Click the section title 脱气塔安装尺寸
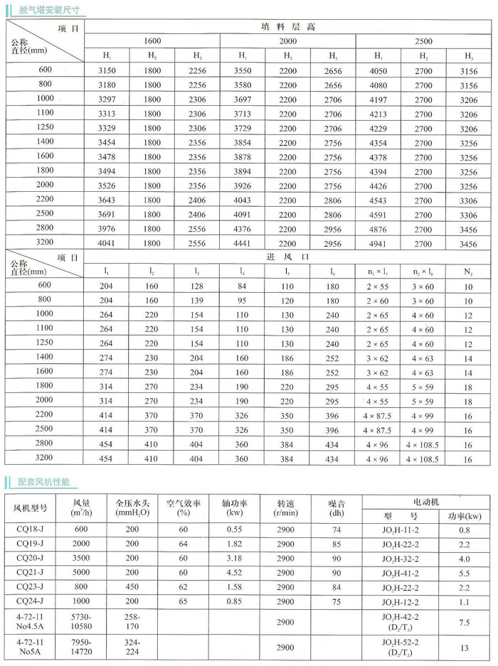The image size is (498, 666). coord(49,10)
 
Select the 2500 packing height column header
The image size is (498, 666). coord(423,41)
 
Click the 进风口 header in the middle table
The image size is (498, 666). coord(287,256)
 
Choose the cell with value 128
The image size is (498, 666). coord(196,286)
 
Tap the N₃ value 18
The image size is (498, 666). coord(467,386)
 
